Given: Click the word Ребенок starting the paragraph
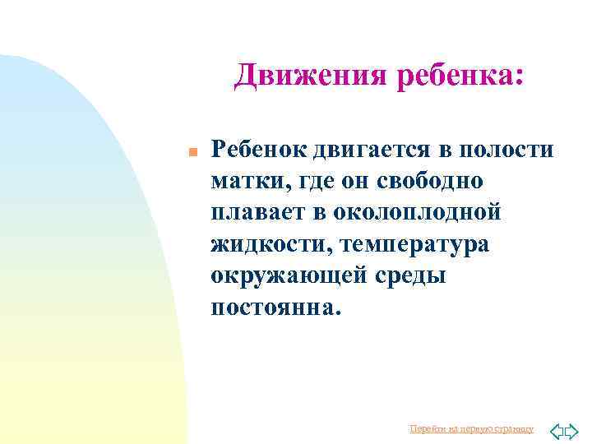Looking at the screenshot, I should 258,149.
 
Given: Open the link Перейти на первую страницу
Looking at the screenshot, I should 471,429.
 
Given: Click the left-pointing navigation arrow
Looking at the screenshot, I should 557,430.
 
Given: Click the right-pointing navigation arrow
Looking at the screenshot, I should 573,430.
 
